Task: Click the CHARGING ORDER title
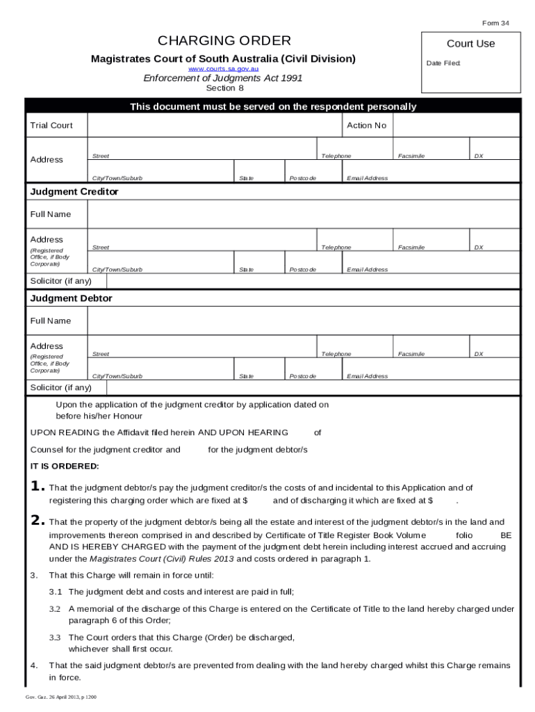pyautogui.click(x=224, y=40)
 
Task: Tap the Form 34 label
pyautogui.click(x=495, y=23)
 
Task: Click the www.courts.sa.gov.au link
pyautogui.click(x=223, y=70)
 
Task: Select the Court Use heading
pyautogui.click(x=470, y=44)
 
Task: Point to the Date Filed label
pyautogui.click(x=443, y=63)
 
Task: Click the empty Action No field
pyautogui.click(x=456, y=126)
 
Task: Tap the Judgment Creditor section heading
pyautogui.click(x=74, y=191)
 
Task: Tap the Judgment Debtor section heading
pyautogui.click(x=71, y=298)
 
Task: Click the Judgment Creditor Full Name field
pyautogui.click(x=303, y=214)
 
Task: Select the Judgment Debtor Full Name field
pyautogui.click(x=303, y=321)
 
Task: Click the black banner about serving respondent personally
pyautogui.click(x=273, y=106)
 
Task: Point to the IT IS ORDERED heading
pyautogui.click(x=65, y=466)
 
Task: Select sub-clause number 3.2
pyautogui.click(x=55, y=608)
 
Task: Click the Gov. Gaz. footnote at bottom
pyautogui.click(x=61, y=697)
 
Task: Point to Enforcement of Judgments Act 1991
pyautogui.click(x=223, y=78)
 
